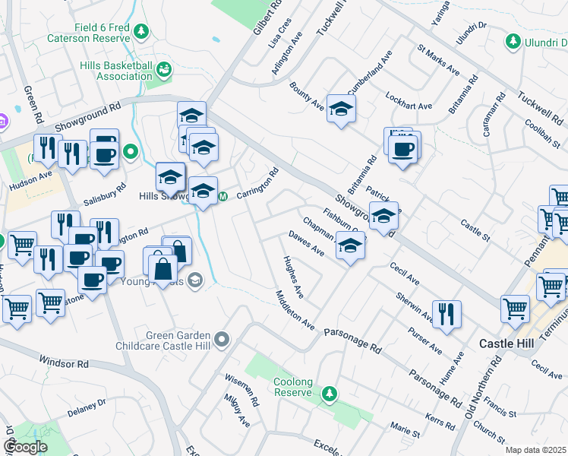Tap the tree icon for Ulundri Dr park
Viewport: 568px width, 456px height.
click(x=514, y=40)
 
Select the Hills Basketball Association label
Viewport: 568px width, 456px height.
click(x=115, y=71)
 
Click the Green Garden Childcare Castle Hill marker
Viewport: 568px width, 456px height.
click(x=222, y=338)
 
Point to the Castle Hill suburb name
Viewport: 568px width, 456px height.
click(x=506, y=344)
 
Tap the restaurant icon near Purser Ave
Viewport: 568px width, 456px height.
click(x=447, y=313)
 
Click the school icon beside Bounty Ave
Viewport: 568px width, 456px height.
click(x=341, y=108)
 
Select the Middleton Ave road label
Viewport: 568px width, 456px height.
click(x=295, y=310)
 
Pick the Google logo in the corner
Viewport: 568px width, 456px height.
click(x=25, y=447)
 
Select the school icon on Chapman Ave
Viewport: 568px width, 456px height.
click(x=349, y=245)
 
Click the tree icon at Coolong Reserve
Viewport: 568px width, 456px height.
click(x=329, y=393)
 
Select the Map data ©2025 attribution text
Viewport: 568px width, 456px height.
click(x=535, y=450)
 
